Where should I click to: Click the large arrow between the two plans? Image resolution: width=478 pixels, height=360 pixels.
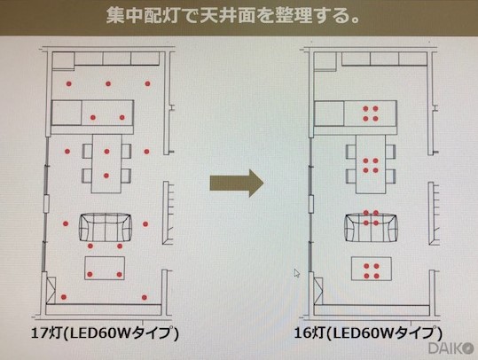click(237, 184)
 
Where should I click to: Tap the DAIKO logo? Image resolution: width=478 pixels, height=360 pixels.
click(451, 348)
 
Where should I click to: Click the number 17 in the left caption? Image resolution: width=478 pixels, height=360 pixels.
click(39, 333)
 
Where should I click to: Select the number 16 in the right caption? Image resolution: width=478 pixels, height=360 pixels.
click(302, 333)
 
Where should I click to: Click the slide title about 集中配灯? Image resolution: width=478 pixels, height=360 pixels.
click(232, 16)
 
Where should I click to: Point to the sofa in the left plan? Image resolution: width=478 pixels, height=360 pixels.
click(106, 228)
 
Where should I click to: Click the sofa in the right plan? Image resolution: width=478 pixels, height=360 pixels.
click(371, 228)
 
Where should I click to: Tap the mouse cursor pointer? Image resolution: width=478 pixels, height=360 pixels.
click(297, 273)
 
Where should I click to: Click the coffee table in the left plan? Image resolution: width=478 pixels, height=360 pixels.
click(105, 268)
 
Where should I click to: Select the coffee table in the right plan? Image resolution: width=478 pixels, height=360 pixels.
click(372, 269)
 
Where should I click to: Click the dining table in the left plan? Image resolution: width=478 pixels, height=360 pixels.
click(106, 164)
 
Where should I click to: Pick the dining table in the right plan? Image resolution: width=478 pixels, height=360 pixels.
click(371, 164)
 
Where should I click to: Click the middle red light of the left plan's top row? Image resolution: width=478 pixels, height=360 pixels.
click(108, 83)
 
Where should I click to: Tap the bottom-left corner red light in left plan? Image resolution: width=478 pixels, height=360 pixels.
click(64, 297)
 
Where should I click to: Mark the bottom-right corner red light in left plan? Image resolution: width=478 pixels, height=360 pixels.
click(145, 297)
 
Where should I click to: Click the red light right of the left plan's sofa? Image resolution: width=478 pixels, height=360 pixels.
click(145, 224)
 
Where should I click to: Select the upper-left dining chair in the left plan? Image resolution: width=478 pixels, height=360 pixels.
click(88, 151)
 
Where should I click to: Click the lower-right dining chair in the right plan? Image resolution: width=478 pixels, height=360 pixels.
click(390, 176)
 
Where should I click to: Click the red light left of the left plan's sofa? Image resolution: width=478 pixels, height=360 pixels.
click(66, 223)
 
